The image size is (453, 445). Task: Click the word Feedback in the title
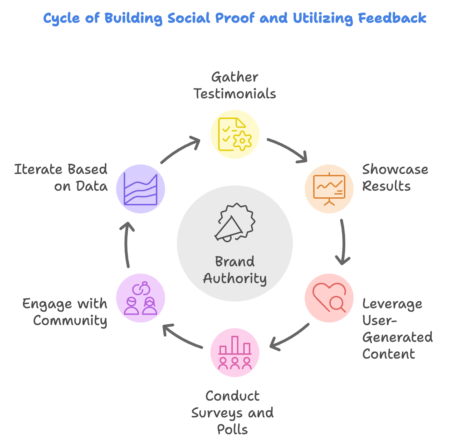pos(392,18)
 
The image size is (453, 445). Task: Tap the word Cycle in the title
pos(62,19)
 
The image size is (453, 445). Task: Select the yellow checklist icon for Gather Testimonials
pos(235,134)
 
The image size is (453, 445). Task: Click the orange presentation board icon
pos(329,189)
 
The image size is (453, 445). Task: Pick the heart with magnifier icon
pos(329,298)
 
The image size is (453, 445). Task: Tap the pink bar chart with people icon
pos(235,352)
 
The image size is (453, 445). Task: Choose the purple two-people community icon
pos(141,298)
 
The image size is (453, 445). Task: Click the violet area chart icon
pos(141,189)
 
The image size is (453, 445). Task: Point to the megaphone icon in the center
pos(235,222)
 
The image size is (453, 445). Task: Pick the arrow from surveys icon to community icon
pos(181,337)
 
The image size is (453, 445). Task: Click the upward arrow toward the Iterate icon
pos(127,245)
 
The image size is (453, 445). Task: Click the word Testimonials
pos(235,94)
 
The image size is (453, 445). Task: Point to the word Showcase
pos(395,169)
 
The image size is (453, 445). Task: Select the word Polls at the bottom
pos(232,429)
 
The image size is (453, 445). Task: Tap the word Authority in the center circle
pos(235,278)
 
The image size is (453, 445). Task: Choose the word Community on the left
pos(70,320)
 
